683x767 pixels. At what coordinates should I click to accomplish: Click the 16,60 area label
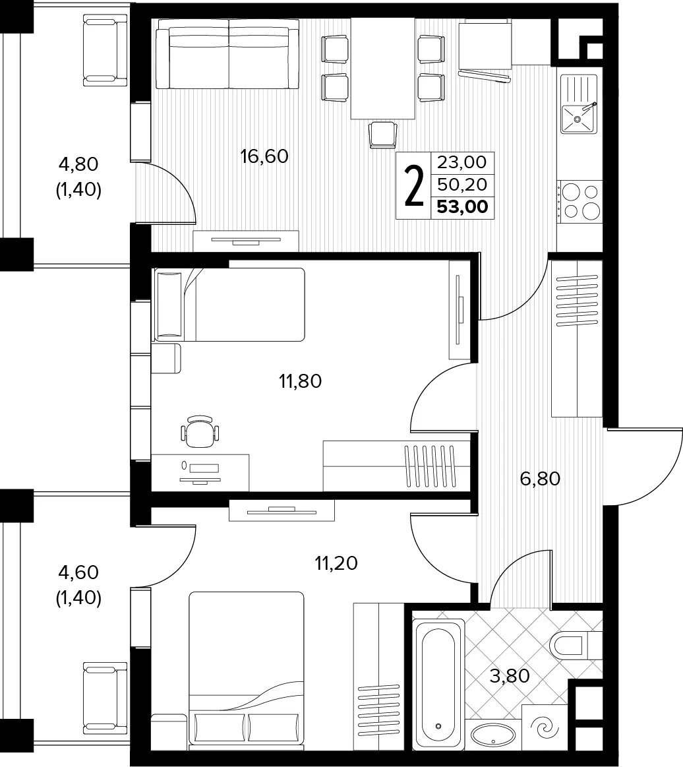[x=264, y=156]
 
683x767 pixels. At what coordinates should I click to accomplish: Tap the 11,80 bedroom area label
[x=300, y=381]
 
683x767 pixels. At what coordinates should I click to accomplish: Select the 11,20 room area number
[x=336, y=563]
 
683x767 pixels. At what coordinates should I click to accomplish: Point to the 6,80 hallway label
[x=540, y=478]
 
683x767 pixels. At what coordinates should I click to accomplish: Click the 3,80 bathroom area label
[x=510, y=676]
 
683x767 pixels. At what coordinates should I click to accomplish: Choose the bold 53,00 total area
[x=462, y=207]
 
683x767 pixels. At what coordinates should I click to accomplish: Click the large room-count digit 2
[x=414, y=186]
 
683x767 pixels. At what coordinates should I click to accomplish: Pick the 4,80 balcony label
[x=78, y=164]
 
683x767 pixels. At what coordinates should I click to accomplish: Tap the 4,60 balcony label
[x=78, y=572]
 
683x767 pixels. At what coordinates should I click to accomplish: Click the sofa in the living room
[x=228, y=58]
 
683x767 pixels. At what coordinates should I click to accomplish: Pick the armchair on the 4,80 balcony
[x=105, y=50]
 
